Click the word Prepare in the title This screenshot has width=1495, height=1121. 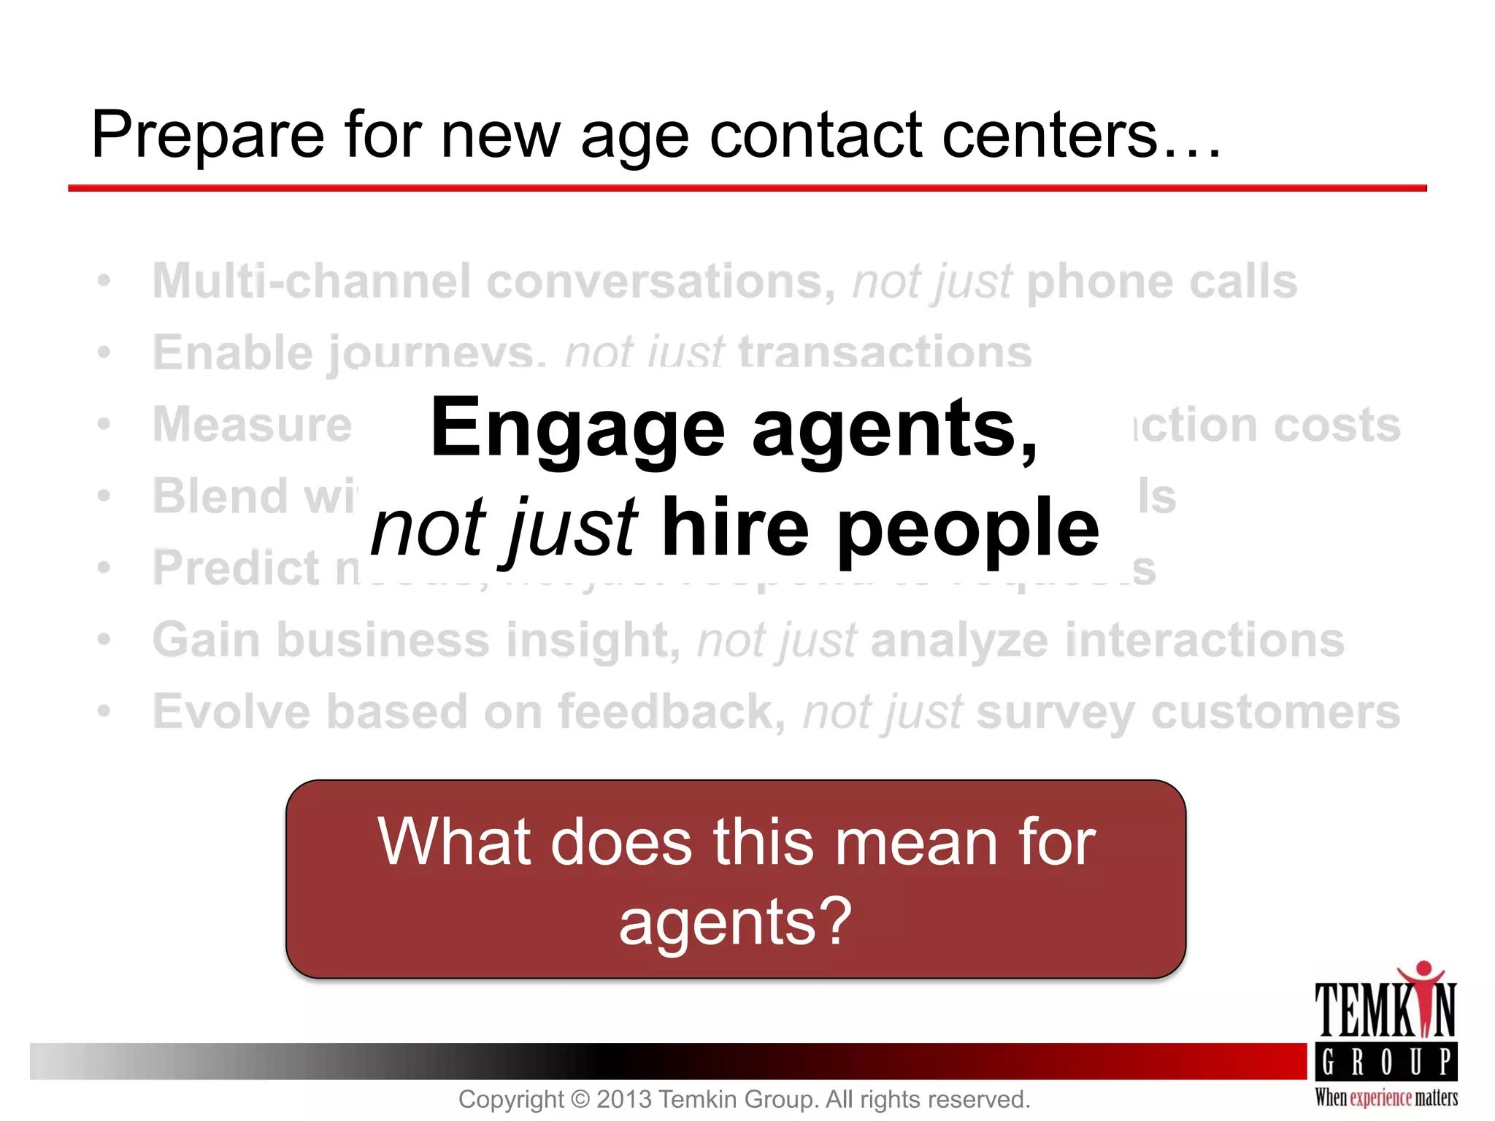tap(207, 136)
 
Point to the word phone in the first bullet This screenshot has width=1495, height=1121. tap(1100, 281)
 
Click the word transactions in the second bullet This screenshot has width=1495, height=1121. tap(885, 353)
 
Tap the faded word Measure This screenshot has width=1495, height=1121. tap(252, 425)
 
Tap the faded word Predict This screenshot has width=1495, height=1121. tap(237, 568)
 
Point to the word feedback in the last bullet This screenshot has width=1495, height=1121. tap(672, 712)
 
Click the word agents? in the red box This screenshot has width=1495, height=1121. tap(735, 921)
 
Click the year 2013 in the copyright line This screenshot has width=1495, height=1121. tap(625, 1099)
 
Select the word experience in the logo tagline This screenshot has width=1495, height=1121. tap(1381, 1098)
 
